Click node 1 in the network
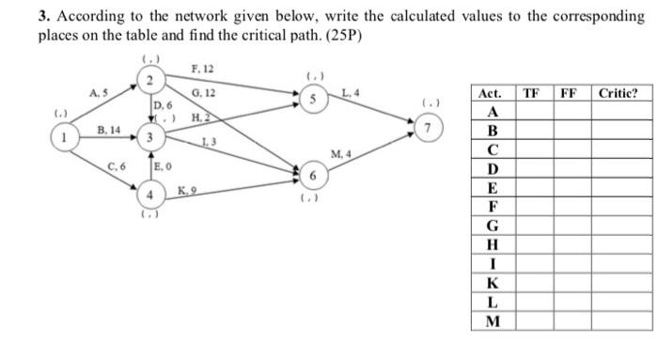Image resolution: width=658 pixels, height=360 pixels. click(65, 138)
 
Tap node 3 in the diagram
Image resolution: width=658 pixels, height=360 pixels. click(149, 138)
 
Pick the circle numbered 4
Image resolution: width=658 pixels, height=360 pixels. click(149, 196)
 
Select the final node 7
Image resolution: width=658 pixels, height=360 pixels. click(430, 125)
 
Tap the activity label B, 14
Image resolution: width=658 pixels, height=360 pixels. click(108, 128)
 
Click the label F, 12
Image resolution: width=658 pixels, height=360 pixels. click(202, 70)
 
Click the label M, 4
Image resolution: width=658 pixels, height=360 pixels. click(340, 154)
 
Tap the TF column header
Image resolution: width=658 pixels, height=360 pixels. click(531, 93)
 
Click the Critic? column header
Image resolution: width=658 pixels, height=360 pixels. click(619, 93)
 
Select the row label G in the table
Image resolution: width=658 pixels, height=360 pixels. click(490, 225)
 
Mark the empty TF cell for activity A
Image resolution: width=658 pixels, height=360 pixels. click(531, 112)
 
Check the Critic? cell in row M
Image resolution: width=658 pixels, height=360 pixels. click(619, 321)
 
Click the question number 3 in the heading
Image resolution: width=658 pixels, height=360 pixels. click(41, 17)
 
